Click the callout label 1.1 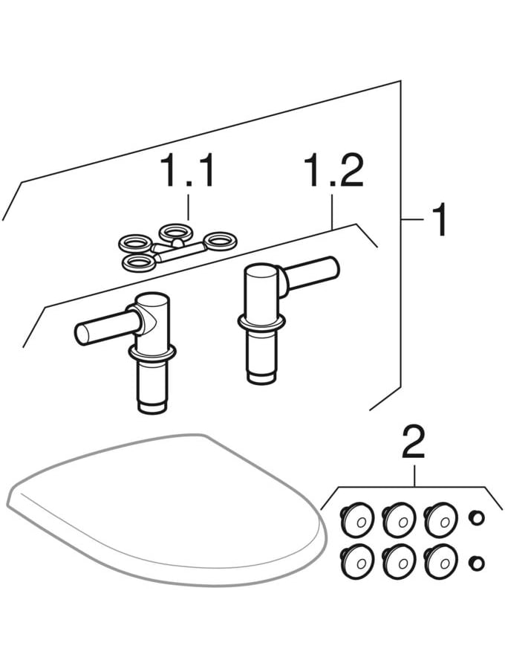point(189,172)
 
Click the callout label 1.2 point(333,172)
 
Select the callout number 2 point(413,443)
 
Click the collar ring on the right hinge point(261,322)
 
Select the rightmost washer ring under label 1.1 point(220,240)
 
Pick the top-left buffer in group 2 point(356,518)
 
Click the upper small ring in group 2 point(476,517)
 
